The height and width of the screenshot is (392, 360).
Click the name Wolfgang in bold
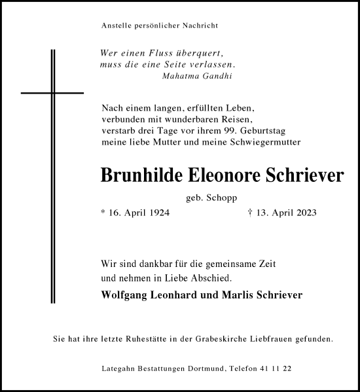tap(127, 294)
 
